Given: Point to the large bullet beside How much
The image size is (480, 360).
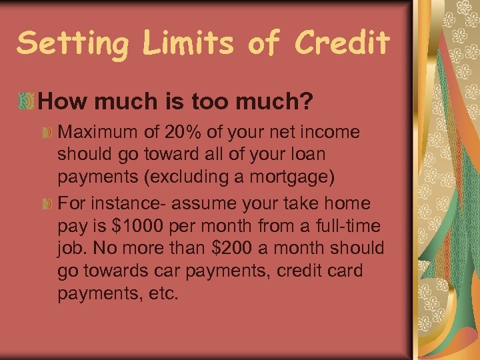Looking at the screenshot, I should (26, 101).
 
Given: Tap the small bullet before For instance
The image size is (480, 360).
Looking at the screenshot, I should (47, 203).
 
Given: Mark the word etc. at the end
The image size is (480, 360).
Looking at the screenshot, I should (163, 293).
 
